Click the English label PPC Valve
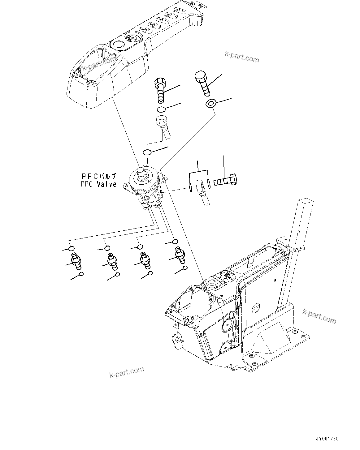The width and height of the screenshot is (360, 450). tap(99, 184)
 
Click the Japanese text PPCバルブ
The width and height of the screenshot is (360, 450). tap(99, 177)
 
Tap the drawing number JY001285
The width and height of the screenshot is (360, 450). tap(327, 439)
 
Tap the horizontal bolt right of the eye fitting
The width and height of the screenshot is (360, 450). tap(226, 180)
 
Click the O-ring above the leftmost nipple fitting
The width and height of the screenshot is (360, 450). tap(72, 249)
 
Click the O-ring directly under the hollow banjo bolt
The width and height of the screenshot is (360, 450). tap(161, 109)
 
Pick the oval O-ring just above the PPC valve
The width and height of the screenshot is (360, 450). tap(147, 152)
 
